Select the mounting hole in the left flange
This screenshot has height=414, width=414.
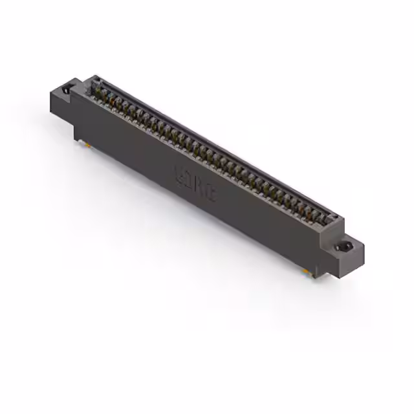(x=66, y=89)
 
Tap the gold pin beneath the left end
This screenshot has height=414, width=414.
(x=85, y=144)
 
